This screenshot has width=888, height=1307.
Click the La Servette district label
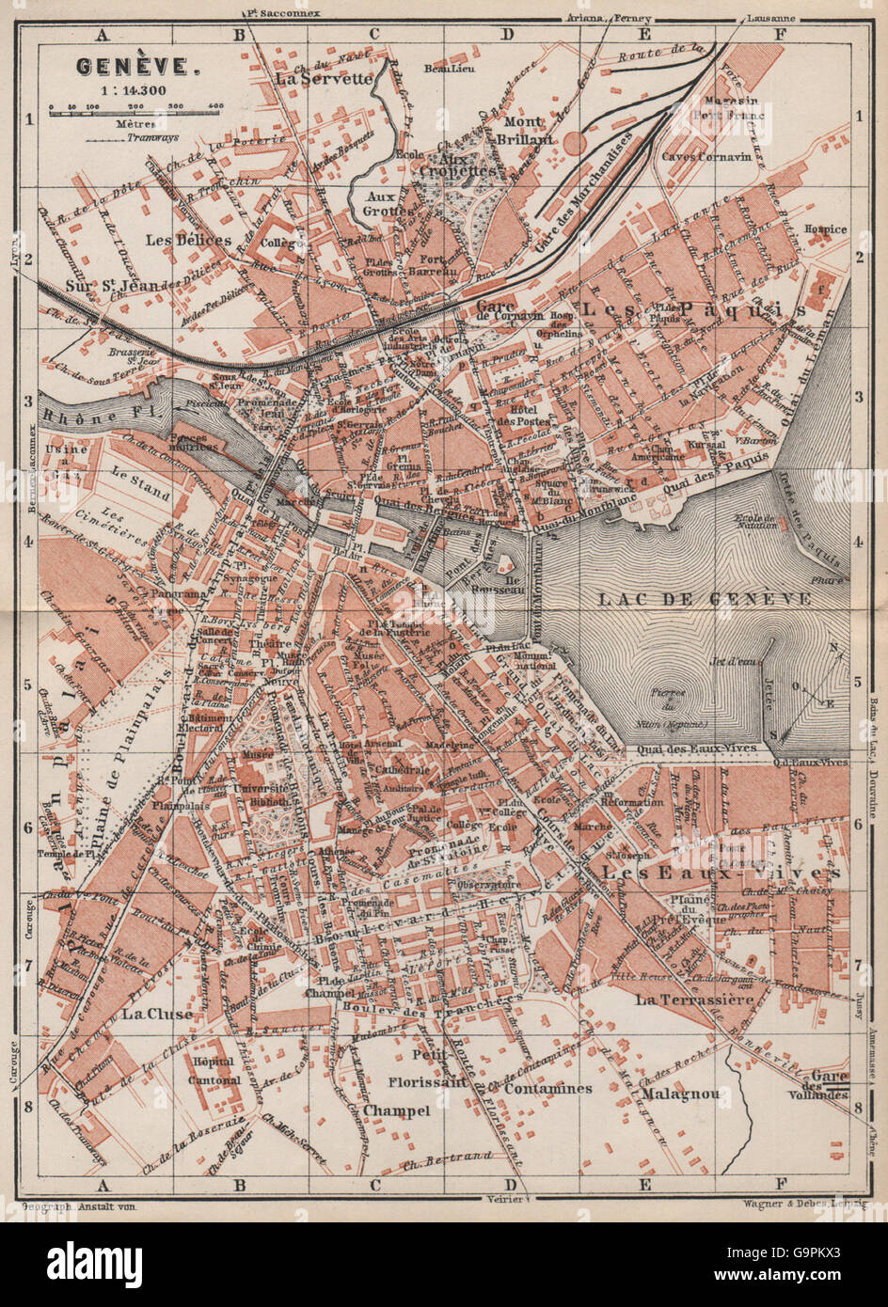coord(324,80)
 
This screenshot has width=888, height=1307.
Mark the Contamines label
coord(548,1088)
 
